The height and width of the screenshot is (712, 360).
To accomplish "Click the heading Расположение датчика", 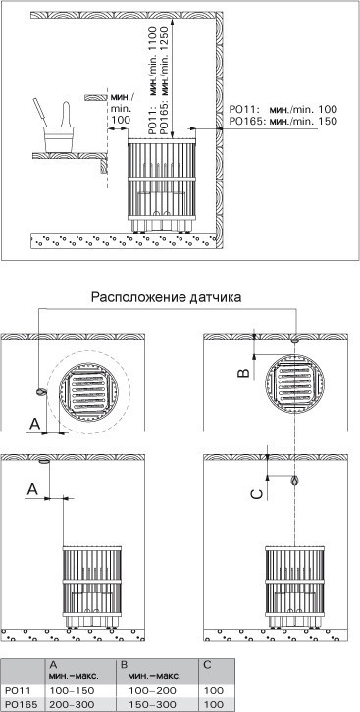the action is click(x=166, y=297).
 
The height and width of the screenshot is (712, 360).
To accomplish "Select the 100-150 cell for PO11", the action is click(x=71, y=691).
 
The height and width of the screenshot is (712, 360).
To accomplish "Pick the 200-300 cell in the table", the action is click(x=71, y=704).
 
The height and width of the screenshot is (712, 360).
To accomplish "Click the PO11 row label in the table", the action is click(x=16, y=691).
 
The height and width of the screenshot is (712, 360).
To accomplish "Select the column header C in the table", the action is click(x=207, y=665).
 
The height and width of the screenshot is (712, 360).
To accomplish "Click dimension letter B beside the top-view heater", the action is click(x=244, y=373).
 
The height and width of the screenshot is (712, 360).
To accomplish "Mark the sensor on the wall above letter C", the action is click(x=295, y=480).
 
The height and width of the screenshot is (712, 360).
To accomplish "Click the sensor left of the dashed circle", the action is click(x=41, y=392).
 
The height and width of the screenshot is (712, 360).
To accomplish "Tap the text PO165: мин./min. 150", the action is click(x=283, y=122).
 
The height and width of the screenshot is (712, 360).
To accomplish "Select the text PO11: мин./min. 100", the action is click(x=283, y=110).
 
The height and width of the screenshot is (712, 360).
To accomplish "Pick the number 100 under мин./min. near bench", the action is click(x=120, y=120).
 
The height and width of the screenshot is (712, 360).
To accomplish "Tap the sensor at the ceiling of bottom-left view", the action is click(x=44, y=462).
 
